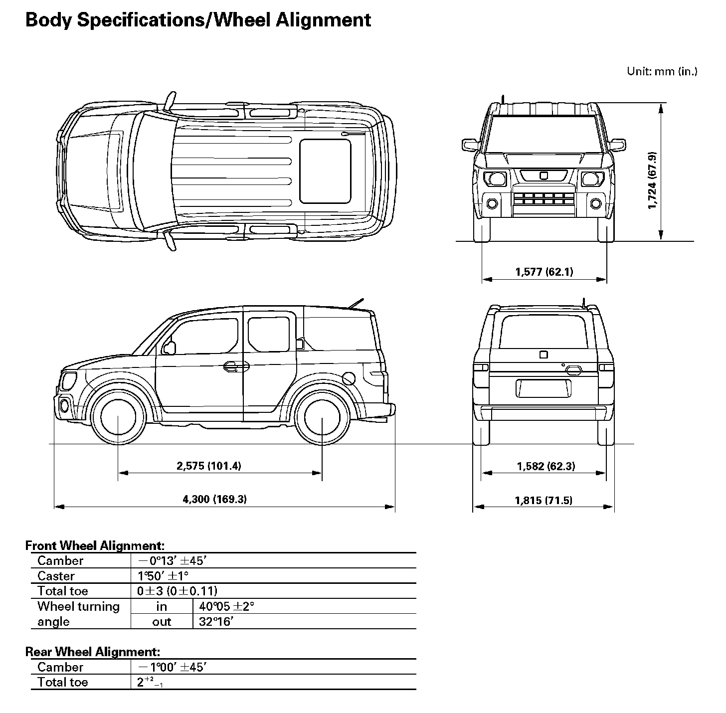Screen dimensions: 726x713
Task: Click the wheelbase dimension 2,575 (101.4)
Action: [209, 466]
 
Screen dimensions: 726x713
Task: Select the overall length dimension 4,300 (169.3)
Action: [215, 499]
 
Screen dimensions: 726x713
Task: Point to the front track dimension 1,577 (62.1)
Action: [544, 272]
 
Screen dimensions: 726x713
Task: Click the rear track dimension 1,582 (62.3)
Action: [546, 467]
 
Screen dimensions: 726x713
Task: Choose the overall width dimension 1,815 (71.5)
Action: [544, 501]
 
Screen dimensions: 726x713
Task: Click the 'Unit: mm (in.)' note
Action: [662, 71]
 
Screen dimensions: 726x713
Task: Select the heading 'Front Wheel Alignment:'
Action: [95, 545]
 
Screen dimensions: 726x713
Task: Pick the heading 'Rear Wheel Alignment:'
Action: [93, 652]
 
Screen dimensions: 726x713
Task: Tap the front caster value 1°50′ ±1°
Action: [163, 576]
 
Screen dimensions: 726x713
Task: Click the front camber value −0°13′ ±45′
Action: [173, 561]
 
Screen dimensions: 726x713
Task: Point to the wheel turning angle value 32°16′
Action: [216, 621]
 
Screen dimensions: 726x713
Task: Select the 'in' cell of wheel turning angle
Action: [162, 606]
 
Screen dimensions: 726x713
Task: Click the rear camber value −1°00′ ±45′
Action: [173, 668]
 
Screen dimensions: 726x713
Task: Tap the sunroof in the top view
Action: [325, 172]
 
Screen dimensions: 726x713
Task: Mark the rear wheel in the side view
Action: [322, 417]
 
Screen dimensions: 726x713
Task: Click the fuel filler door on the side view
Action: [349, 378]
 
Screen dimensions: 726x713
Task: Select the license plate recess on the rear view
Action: [544, 388]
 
